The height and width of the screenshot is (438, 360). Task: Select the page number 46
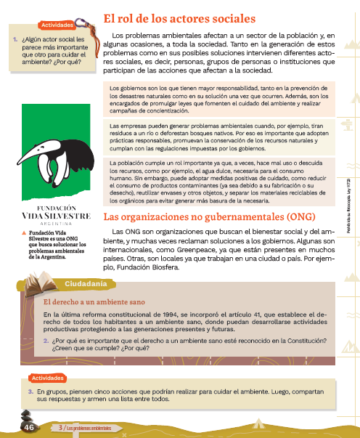click(29, 428)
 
